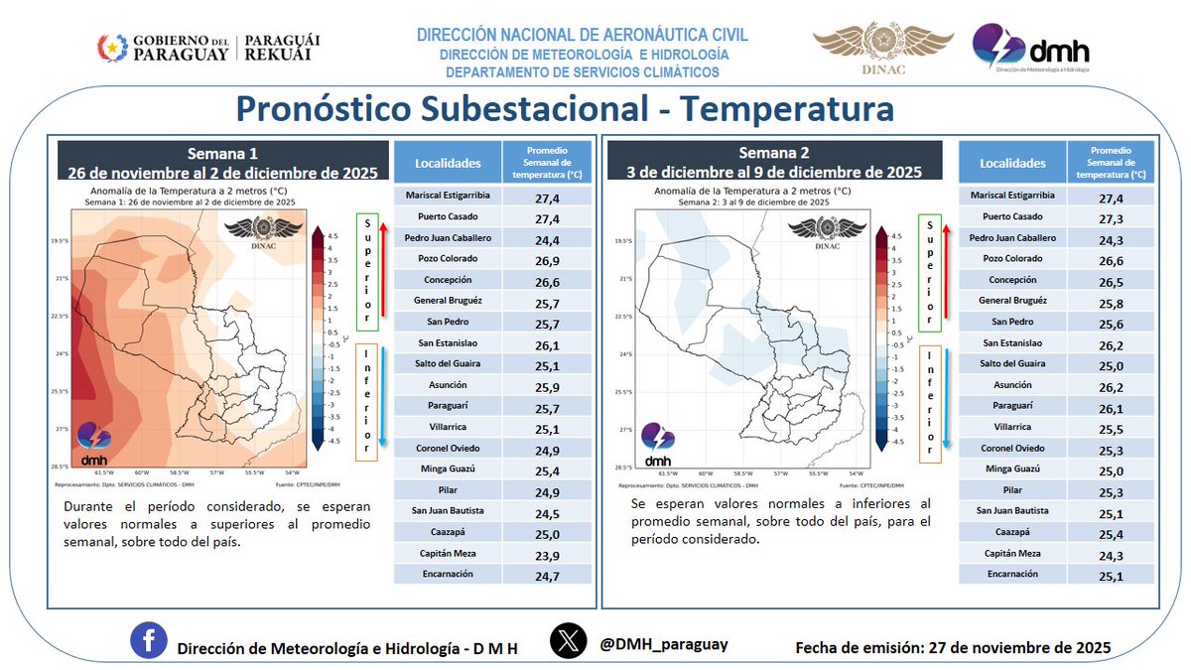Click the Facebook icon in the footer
[148, 642]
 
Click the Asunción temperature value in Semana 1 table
[549, 385]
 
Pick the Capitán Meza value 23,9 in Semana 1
[549, 554]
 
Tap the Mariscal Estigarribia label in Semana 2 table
[1012, 196]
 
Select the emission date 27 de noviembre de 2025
[1019, 647]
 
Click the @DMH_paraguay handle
[664, 644]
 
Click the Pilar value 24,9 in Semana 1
[549, 490]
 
